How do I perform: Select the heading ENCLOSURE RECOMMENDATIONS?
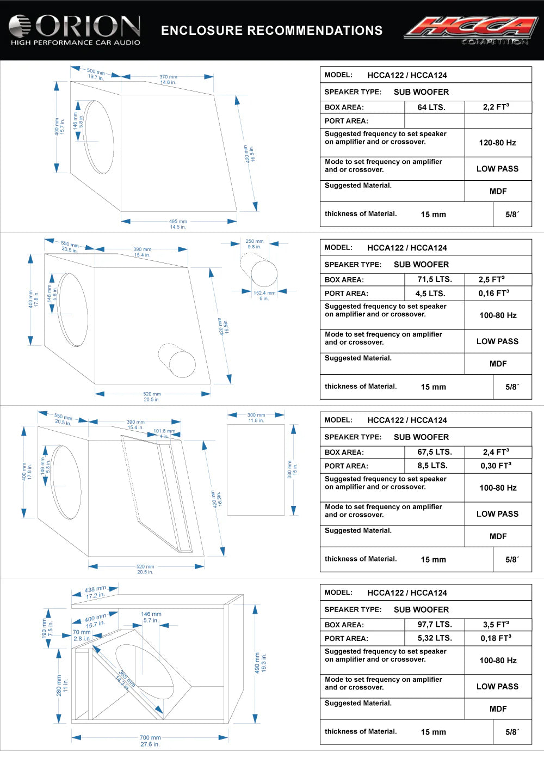click(271, 30)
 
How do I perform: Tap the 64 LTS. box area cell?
click(431, 107)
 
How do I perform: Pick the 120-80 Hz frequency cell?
click(497, 143)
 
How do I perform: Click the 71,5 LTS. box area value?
click(435, 279)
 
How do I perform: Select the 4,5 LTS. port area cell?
click(430, 293)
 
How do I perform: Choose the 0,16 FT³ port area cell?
click(494, 293)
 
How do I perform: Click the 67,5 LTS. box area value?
click(435, 452)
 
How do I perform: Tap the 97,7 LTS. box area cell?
click(435, 625)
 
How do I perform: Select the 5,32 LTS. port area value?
click(435, 638)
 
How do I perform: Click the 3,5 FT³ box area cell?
click(496, 625)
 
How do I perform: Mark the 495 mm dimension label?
click(178, 222)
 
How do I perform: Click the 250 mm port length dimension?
click(254, 241)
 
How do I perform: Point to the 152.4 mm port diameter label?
click(264, 293)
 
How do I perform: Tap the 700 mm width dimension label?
click(150, 738)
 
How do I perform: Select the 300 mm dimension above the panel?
click(256, 415)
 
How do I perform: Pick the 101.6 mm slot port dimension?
click(164, 431)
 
